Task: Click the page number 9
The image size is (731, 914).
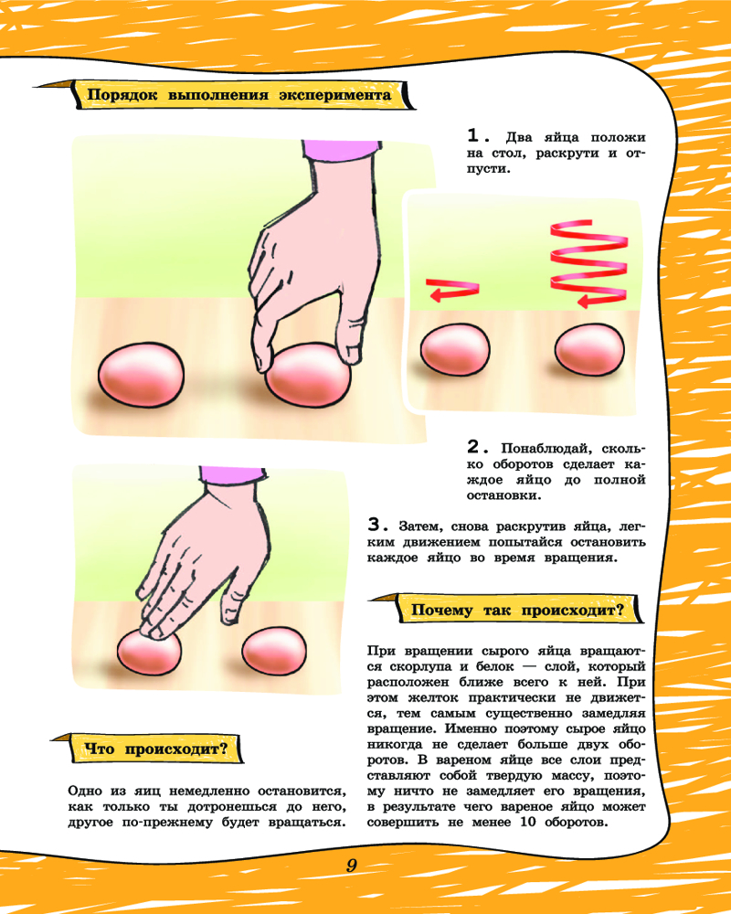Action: [351, 865]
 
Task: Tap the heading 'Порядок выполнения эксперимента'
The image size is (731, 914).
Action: [239, 95]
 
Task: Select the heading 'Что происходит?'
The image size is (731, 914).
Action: [156, 749]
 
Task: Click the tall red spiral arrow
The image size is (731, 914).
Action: [588, 265]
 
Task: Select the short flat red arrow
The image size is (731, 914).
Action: [452, 290]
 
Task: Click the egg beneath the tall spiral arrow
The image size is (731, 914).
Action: [589, 350]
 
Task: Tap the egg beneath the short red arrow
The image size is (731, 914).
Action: [455, 349]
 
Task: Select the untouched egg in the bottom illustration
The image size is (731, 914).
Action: [274, 651]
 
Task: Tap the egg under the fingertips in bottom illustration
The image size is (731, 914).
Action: [149, 652]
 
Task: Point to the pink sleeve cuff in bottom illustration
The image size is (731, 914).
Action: [232, 473]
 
